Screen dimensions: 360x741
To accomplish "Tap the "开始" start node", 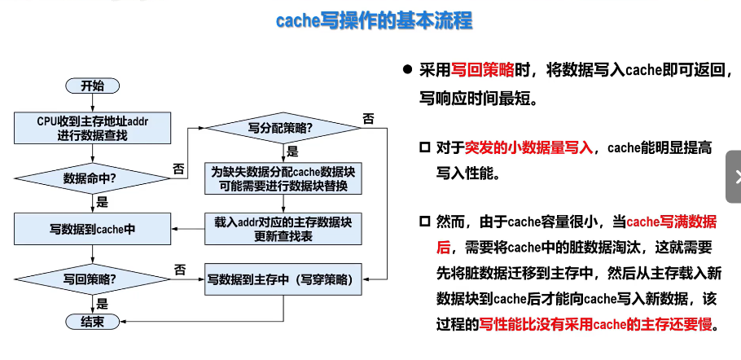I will (92, 86).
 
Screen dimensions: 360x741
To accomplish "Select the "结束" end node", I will (92, 322).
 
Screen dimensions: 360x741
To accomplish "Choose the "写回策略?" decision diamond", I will (92, 279).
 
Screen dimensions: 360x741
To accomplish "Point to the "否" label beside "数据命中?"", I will (178, 169).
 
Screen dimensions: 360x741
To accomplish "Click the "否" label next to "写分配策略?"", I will (369, 118).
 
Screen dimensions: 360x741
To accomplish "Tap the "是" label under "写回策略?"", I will (103, 303).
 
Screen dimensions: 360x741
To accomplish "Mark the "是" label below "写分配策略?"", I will (292, 151).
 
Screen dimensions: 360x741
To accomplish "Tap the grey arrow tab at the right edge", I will (734, 176).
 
